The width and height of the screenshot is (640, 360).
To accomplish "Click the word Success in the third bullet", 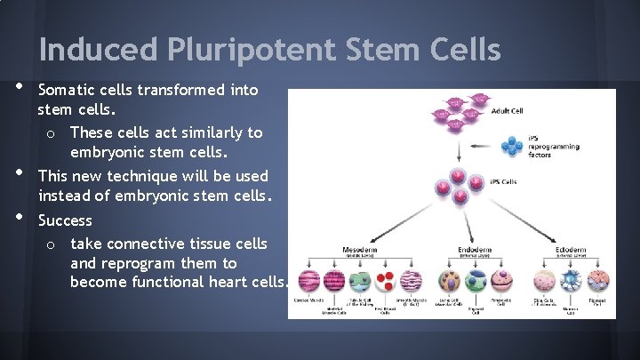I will point(65,220).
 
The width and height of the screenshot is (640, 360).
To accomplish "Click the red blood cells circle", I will point(385,282).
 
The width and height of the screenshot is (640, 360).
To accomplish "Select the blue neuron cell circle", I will point(570,282).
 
